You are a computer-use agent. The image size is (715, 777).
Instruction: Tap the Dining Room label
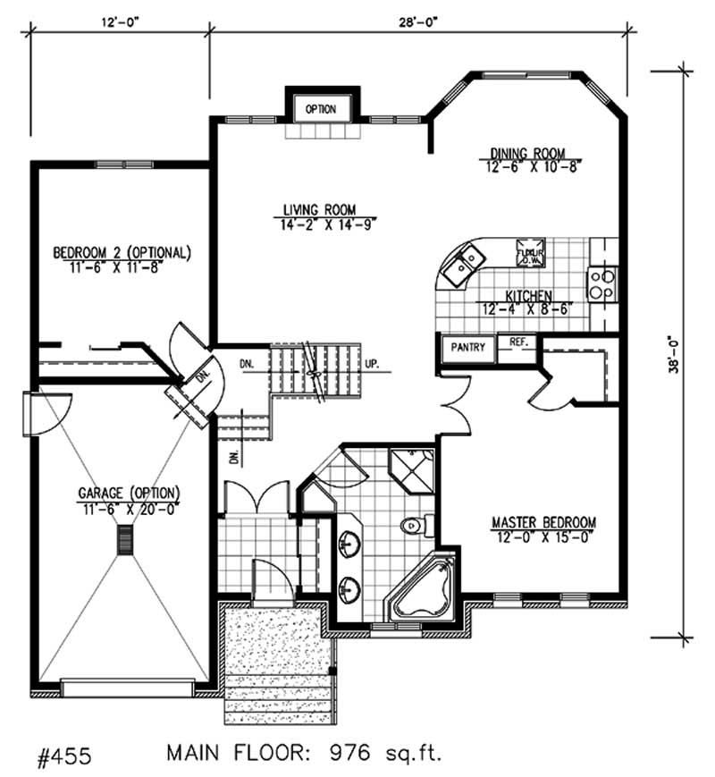pos(527,153)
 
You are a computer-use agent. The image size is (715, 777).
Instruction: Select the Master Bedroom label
pos(543,522)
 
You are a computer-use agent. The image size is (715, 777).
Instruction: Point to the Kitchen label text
pos(527,296)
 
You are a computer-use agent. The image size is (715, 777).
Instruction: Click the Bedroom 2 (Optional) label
pos(122,252)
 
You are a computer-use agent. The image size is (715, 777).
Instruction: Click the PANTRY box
pos(467,346)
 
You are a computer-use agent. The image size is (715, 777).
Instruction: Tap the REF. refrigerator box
pos(517,342)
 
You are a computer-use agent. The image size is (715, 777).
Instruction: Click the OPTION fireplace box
pos(321,109)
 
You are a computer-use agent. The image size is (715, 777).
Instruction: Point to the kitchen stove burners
pos(601,283)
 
